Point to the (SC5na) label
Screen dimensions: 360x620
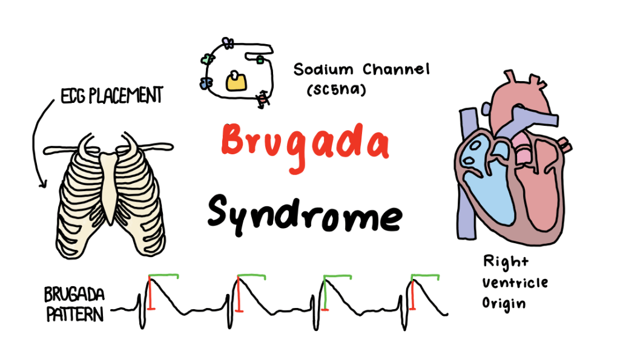pyautogui.click(x=337, y=91)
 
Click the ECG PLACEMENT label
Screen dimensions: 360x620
pyautogui.click(x=111, y=96)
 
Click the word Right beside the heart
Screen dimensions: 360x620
pyautogui.click(x=505, y=261)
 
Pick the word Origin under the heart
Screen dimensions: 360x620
pyautogui.click(x=504, y=303)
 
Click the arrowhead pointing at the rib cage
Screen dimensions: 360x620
pyautogui.click(x=42, y=183)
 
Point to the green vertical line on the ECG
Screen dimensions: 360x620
pyautogui.click(x=326, y=295)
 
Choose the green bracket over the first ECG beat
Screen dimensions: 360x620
pyautogui.click(x=163, y=277)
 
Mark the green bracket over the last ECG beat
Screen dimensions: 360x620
pyautogui.click(x=424, y=277)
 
